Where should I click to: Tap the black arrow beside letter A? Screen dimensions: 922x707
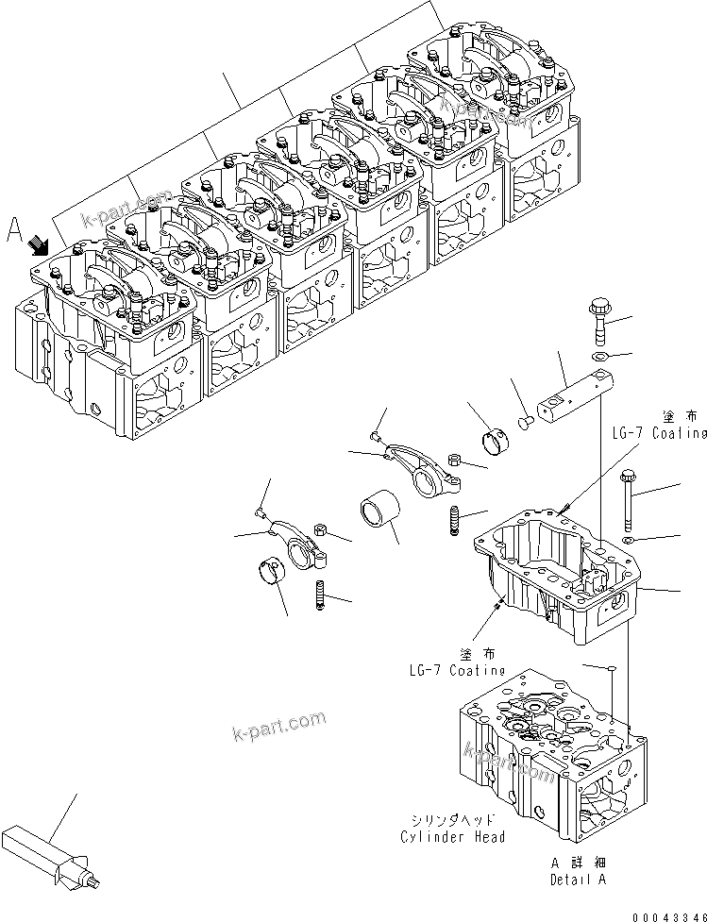40,245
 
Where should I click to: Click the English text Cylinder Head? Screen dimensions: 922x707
452,836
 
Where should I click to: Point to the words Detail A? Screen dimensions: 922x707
579,879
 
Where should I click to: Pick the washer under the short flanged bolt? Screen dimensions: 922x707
598,358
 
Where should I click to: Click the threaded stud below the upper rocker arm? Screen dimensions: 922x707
459,520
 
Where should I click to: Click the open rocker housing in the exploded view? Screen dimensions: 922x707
557,576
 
